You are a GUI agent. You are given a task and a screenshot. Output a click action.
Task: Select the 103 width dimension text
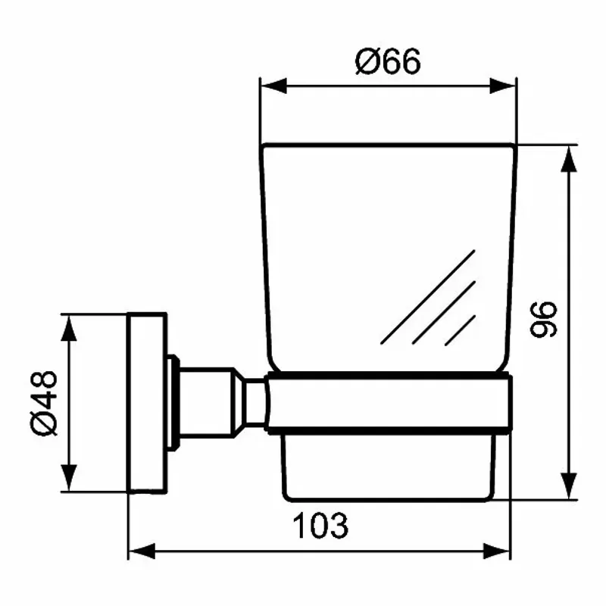(x=320, y=525)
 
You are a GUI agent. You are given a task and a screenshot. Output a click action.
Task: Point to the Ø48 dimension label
(x=45, y=403)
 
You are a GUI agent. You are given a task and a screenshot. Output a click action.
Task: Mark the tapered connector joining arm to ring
(x=255, y=403)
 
